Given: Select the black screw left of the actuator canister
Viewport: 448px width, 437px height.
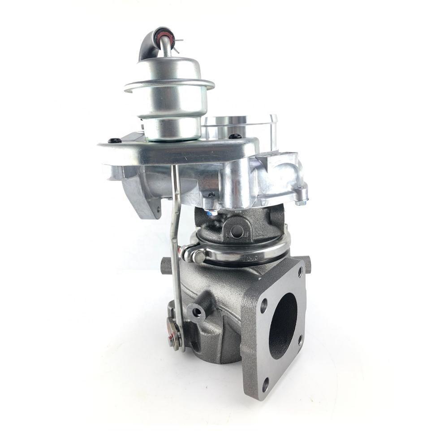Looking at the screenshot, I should tap(116, 141).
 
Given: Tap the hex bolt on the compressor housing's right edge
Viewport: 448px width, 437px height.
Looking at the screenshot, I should tap(301, 202).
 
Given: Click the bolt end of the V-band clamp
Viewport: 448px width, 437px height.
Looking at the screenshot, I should tap(195, 256).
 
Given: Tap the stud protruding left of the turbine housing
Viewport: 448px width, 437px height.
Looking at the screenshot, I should tap(166, 266).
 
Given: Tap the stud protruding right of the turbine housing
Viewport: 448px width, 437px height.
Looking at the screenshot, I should tap(307, 263).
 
